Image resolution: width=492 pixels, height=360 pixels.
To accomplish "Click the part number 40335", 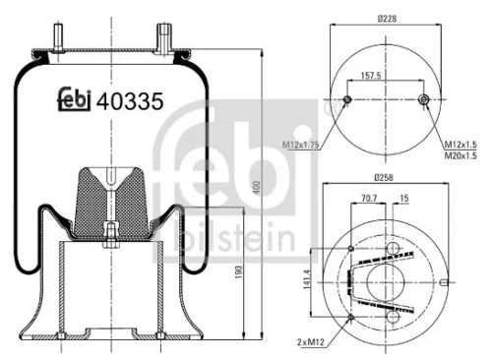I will pos(128,100).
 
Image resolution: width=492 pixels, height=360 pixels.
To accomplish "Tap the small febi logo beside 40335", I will pos(71,98).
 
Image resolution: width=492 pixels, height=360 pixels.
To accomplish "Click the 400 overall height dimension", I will pos(257,190).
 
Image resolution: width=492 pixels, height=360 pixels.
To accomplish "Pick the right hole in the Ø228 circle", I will pos(423,100).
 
